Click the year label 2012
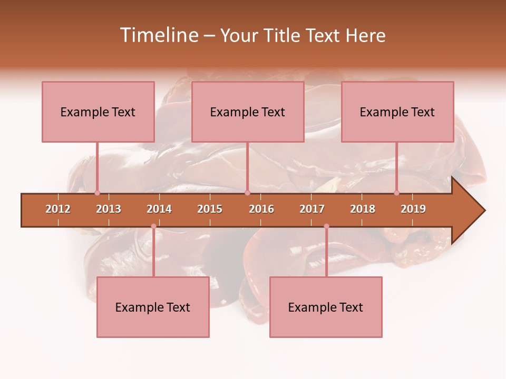[58, 209]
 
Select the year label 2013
[109, 209]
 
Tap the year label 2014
[159, 209]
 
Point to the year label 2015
[210, 209]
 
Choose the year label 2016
[261, 209]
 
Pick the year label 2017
[312, 209]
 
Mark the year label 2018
[363, 209]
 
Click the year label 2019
[413, 209]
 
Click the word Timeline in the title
[158, 35]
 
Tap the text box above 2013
[98, 112]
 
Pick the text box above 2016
[248, 112]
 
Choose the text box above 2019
[397, 112]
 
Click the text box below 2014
[153, 307]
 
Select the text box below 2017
[326, 307]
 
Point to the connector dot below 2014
[153, 226]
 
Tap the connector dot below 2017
[326, 226]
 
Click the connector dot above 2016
[247, 193]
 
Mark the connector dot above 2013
[97, 193]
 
